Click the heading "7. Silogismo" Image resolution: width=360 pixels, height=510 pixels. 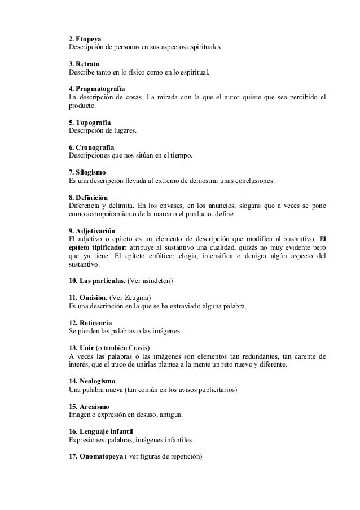pyautogui.click(x=87, y=172)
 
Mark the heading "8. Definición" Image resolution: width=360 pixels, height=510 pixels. pyautogui.click(x=89, y=197)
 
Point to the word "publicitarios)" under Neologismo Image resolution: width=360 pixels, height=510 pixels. pyautogui.click(x=217, y=390)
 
